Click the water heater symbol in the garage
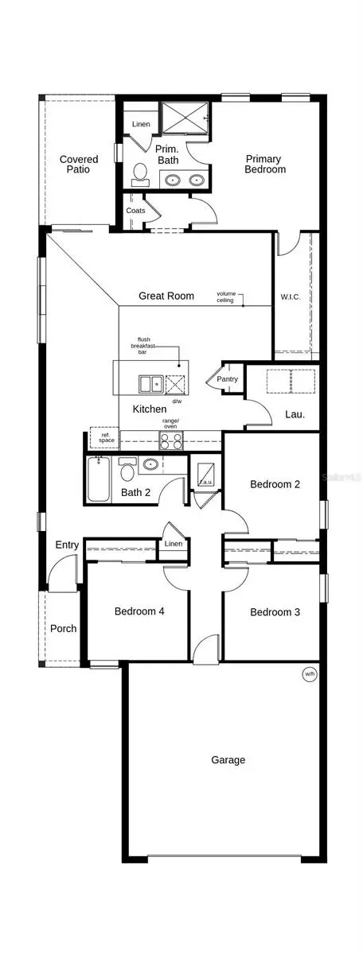[x=309, y=674]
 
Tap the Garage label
[x=228, y=760]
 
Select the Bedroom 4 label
[x=139, y=611]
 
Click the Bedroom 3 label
[x=275, y=611]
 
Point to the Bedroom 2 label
[x=275, y=484]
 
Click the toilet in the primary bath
[x=140, y=173]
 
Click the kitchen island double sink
[x=148, y=385]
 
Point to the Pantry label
[x=228, y=380]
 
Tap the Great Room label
[x=166, y=296]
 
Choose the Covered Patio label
[x=79, y=165]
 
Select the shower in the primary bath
[x=185, y=118]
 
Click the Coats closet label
[x=135, y=211]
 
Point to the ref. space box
[x=103, y=436]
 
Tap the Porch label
[x=64, y=628]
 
